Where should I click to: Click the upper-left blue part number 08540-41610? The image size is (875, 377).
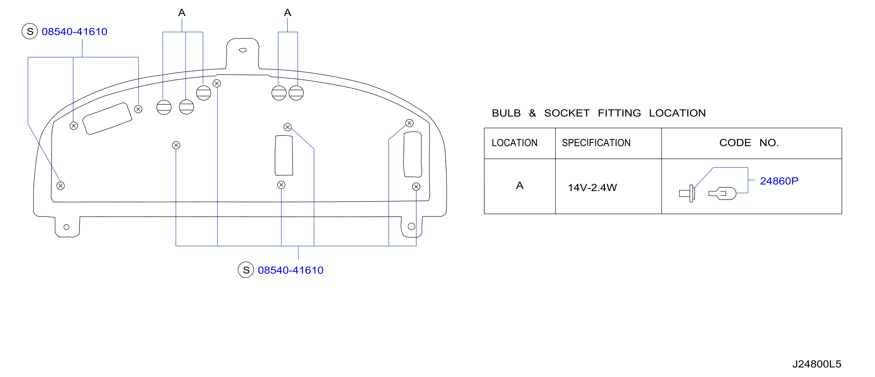74,32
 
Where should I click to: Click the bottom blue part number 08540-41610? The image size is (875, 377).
290,270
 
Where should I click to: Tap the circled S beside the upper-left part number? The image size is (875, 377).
30,31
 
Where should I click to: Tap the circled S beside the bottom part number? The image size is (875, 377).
246,270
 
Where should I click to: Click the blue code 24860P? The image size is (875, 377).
779,181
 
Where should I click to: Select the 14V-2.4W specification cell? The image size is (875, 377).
592,187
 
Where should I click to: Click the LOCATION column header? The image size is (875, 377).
514,143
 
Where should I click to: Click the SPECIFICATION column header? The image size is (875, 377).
596,143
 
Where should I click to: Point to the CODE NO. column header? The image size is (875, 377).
749,143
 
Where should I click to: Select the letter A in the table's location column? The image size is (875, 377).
520,185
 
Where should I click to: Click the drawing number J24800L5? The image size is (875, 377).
817,364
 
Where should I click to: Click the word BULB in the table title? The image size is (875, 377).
506,113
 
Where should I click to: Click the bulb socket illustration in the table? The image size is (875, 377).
687,193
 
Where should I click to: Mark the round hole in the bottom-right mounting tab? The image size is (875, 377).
411,227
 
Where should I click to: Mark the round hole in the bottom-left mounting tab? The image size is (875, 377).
67,227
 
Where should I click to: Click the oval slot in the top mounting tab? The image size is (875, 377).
243,50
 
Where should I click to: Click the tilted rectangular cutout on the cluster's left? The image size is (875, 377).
107,119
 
